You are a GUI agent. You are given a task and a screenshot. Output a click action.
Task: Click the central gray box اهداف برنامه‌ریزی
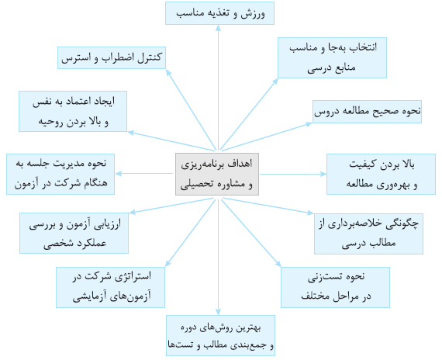(x=217, y=174)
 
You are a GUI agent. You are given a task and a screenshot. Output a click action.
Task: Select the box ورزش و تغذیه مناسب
(x=219, y=13)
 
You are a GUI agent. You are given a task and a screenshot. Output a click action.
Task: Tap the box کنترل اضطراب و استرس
(x=112, y=58)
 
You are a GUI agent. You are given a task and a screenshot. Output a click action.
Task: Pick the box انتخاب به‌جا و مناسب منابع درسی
(x=332, y=58)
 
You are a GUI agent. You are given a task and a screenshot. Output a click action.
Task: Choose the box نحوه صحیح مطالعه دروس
(x=367, y=112)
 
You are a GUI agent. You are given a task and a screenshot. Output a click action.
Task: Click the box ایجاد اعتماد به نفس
(x=73, y=111)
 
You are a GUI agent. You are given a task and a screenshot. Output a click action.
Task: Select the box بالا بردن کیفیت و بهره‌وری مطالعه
(x=381, y=174)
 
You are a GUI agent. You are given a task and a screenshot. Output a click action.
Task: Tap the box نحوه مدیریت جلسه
(x=60, y=174)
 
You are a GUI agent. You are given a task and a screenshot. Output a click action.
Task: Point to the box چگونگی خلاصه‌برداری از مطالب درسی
(x=368, y=234)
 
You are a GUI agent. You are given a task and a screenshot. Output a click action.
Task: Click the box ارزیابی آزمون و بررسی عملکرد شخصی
(x=74, y=233)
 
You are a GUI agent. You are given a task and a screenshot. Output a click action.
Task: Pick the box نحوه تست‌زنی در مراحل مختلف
(x=336, y=287)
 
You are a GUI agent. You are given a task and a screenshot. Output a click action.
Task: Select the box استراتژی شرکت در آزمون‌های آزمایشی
(x=110, y=287)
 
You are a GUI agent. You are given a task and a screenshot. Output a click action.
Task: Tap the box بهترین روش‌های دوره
(x=220, y=335)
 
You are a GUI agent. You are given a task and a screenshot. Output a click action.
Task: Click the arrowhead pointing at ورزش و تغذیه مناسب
(x=218, y=28)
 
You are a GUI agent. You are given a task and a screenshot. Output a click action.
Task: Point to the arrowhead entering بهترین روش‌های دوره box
(x=218, y=312)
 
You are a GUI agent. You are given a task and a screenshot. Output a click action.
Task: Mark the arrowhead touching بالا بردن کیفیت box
(x=323, y=174)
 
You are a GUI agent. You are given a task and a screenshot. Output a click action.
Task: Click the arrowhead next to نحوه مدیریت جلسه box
(x=119, y=174)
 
